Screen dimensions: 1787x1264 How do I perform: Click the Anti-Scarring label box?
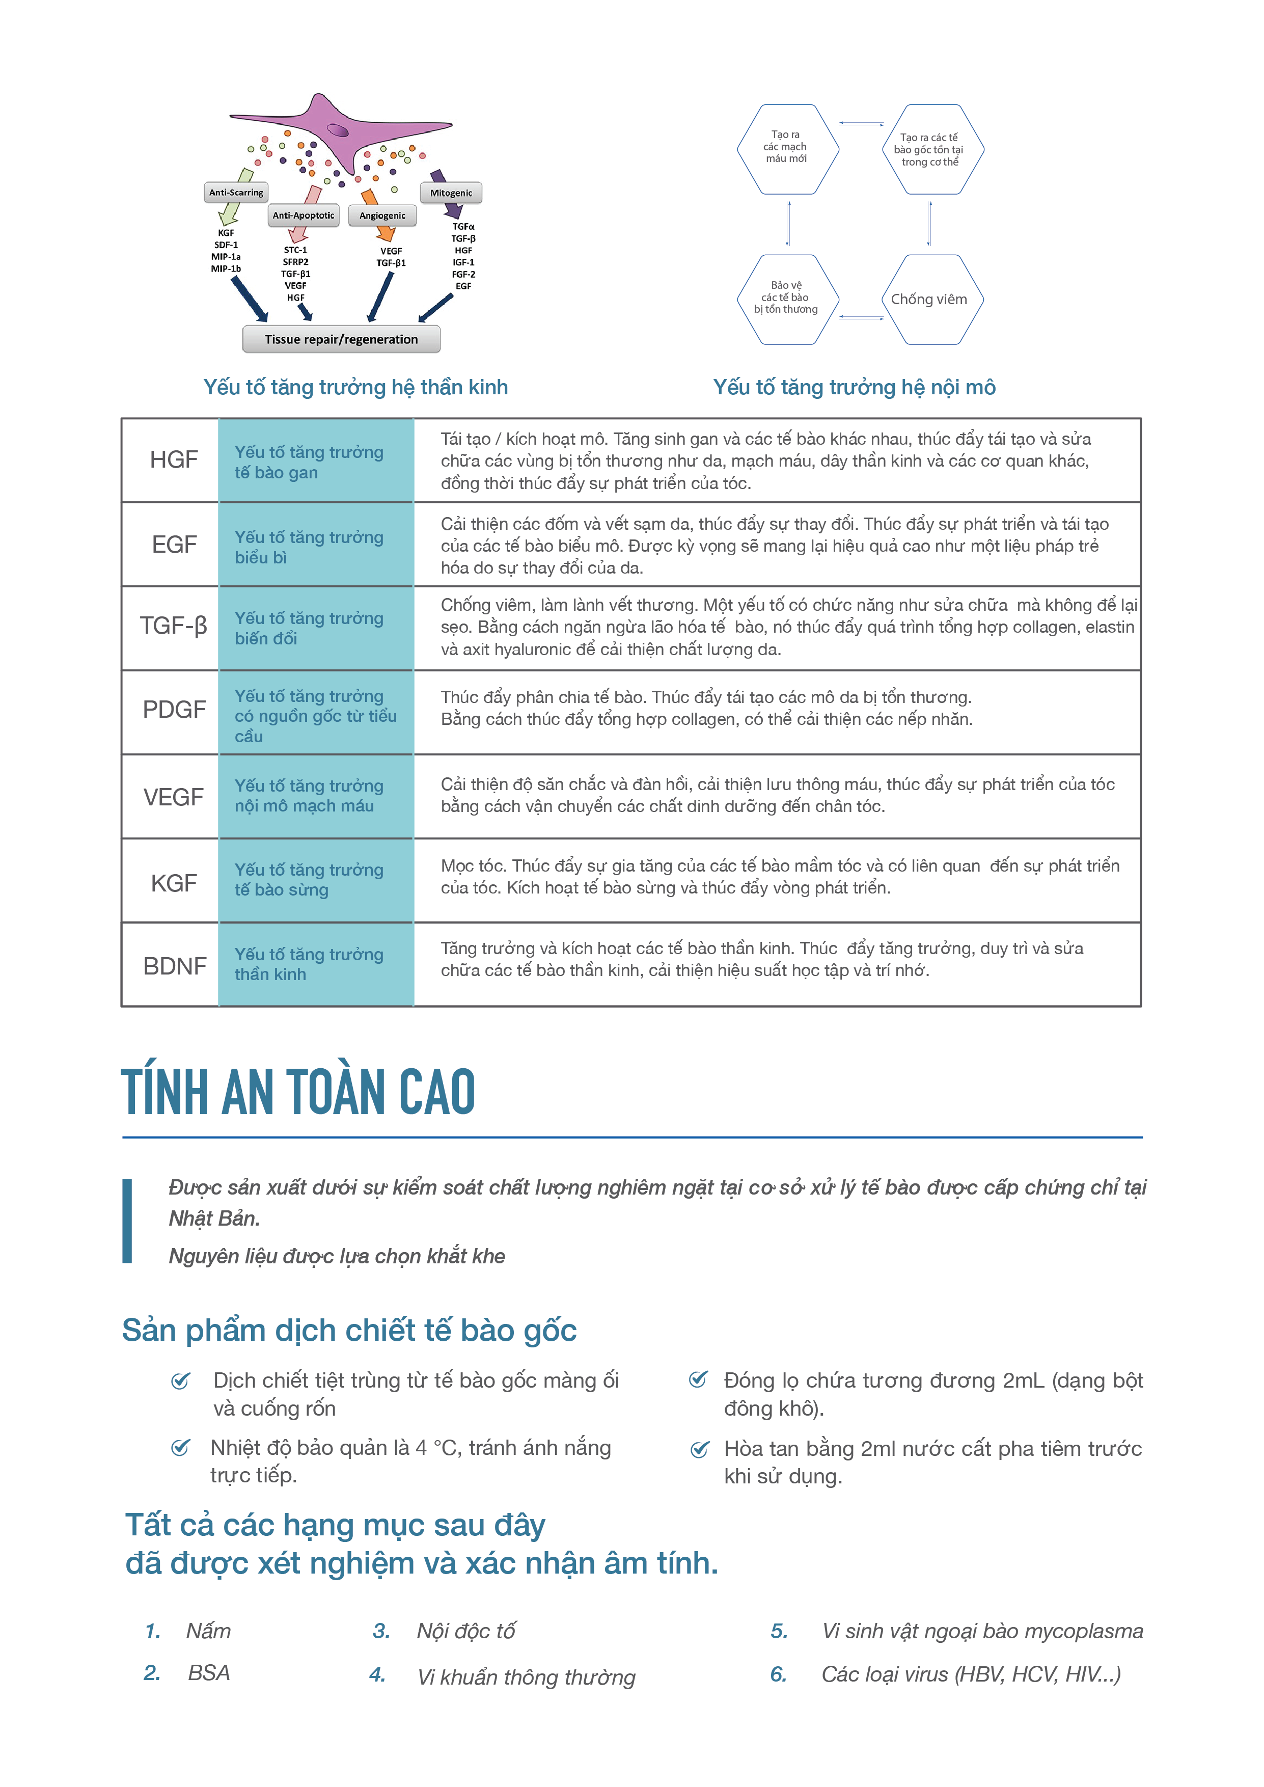point(236,192)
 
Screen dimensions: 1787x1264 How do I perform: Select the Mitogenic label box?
point(451,192)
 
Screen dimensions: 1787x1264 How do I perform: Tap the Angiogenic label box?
point(382,215)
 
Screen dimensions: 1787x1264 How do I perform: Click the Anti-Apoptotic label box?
point(303,215)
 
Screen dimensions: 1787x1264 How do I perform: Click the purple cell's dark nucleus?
point(338,130)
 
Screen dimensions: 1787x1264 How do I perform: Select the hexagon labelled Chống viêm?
point(929,300)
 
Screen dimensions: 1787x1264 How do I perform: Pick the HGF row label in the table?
point(174,460)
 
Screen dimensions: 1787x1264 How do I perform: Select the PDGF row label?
point(174,710)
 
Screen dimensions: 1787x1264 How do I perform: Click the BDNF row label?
point(174,966)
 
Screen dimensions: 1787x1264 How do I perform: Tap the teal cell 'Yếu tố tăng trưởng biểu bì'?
point(316,547)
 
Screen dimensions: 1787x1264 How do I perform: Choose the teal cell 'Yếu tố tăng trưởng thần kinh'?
point(316,964)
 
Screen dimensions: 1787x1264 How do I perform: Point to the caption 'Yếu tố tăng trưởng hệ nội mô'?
point(854,388)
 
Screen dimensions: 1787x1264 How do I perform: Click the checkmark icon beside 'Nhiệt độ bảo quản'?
point(181,1448)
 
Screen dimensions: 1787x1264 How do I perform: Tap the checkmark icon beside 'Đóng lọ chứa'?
point(698,1380)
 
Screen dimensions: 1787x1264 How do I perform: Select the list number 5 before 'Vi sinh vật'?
point(779,1631)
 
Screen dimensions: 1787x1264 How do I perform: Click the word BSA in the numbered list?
point(209,1673)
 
